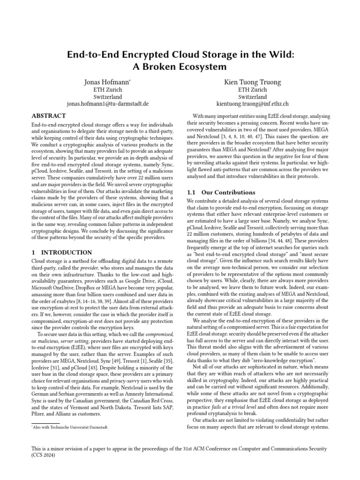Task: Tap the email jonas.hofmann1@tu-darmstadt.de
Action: [x=107, y=104]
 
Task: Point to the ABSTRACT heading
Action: [x=49, y=116]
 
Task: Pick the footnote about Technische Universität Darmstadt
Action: [x=73, y=427]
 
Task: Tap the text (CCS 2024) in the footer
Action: [x=45, y=455]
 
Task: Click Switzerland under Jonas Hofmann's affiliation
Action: [x=107, y=97]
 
